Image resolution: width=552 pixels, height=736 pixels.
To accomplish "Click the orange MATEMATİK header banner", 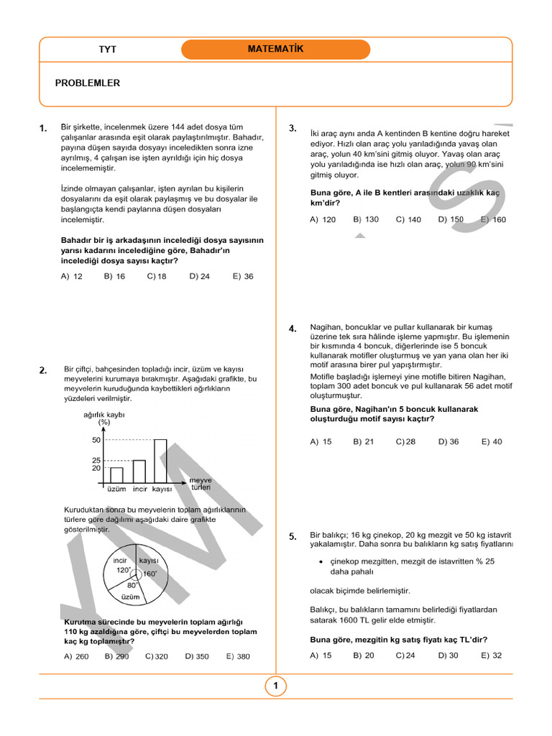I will pos(275,50).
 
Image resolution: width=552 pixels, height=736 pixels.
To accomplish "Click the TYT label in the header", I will pos(107,50).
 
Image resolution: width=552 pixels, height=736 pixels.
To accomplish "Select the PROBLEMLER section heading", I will pos(87,83).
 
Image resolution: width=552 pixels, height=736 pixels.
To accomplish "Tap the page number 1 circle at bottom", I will pos(275,686).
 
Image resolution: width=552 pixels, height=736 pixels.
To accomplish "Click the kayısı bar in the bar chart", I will pos(160,461).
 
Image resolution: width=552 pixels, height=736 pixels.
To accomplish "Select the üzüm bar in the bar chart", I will pos(116,475).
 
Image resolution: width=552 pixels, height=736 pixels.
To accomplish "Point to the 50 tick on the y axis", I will pos(96,440).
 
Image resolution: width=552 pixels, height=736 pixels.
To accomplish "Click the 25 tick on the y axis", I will pos(96,460).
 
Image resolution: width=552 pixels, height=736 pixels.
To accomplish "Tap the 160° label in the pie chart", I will pos(149,574).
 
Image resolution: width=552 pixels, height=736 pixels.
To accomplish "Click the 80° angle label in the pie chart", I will pos(132,585).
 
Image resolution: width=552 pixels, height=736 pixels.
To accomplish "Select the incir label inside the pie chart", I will pos(120,560).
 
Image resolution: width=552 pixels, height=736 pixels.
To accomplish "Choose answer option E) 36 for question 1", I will pos(243,276).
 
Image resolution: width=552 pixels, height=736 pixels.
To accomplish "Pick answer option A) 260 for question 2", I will pos(76,656).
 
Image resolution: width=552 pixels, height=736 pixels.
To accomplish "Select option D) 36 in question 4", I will pos(448,442).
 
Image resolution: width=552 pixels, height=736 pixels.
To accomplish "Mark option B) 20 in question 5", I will pos(364,655).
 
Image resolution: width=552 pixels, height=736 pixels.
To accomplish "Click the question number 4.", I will pos(293,328).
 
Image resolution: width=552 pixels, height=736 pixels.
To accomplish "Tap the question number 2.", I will pos(43,370).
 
